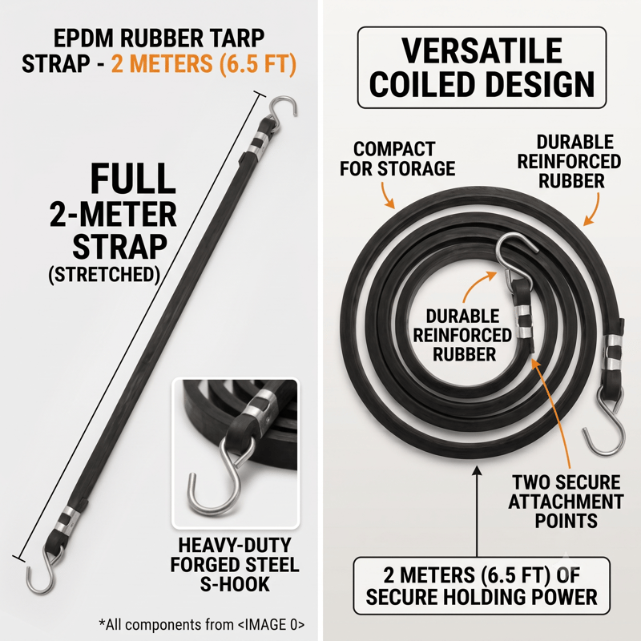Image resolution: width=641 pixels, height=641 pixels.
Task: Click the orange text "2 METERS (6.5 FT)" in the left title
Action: point(204,63)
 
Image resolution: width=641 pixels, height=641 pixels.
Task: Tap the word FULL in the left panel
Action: point(133,179)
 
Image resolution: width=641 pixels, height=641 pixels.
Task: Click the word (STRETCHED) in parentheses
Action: point(104,274)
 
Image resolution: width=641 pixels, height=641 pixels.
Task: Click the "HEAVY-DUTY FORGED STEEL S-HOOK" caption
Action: point(235,565)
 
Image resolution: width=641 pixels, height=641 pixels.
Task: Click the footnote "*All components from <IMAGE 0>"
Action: point(202,624)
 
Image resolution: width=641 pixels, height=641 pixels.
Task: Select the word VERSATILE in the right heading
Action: point(482,50)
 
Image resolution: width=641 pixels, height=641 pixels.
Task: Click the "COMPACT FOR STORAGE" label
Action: point(397,159)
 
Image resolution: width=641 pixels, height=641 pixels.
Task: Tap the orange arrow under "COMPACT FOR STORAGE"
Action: point(387,195)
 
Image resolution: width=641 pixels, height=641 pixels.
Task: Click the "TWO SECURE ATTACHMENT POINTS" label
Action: point(566,502)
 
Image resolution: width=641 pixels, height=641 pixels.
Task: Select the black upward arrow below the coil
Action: point(477,512)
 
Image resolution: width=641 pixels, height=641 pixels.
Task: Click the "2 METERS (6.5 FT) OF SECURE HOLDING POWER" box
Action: point(482,586)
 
